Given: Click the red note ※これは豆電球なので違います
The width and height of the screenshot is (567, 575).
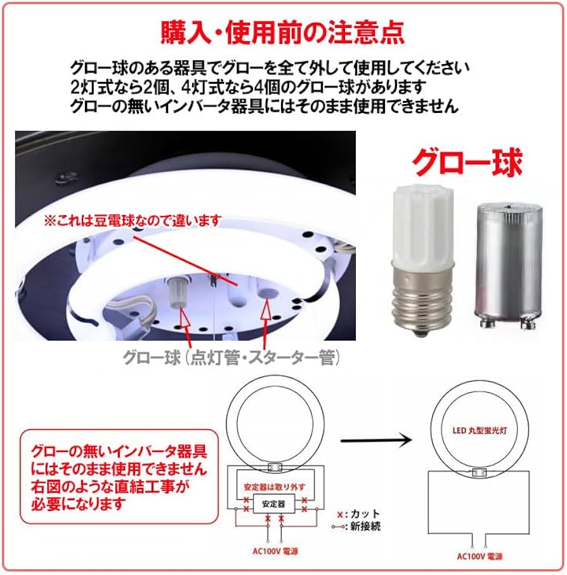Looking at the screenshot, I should coord(132,221).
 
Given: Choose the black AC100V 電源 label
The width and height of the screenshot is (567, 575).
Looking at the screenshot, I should coord(478,556).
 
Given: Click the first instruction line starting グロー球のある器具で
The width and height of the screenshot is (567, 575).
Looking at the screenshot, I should coord(271,67).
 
